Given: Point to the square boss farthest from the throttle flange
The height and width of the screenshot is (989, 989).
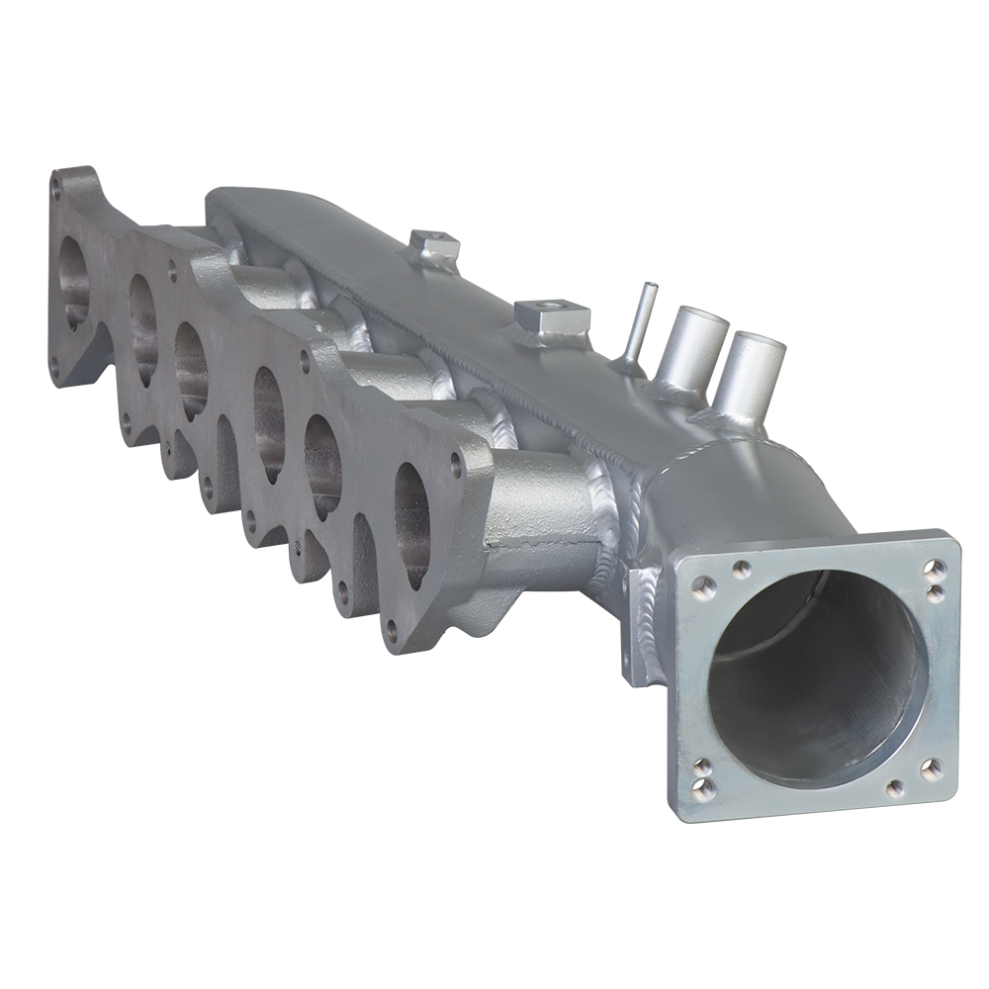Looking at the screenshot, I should [x=432, y=242].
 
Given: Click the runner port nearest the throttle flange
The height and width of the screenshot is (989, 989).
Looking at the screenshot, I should [x=412, y=524].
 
